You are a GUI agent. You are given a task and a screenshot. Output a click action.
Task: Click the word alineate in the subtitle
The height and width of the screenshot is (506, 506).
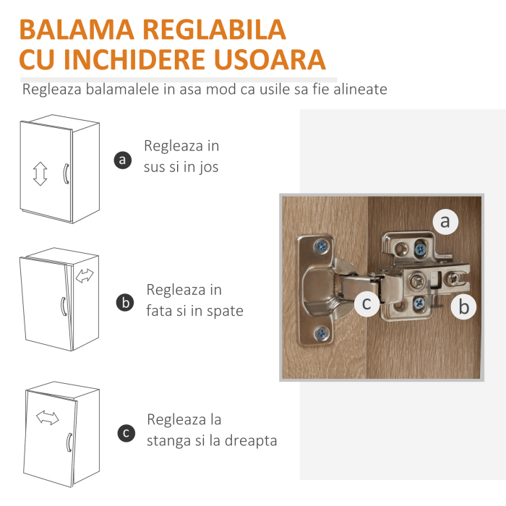click(359, 90)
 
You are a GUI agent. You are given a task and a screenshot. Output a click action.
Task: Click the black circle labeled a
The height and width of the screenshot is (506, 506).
click(124, 160)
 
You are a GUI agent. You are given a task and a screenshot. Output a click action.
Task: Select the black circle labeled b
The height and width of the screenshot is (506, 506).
click(125, 303)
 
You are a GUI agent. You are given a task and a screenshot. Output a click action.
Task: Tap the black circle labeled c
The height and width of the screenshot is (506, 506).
click(125, 433)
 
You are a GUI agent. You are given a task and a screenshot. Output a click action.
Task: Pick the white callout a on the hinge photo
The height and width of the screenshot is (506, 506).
click(445, 222)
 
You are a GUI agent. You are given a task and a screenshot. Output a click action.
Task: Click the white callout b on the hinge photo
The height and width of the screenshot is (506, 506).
click(464, 307)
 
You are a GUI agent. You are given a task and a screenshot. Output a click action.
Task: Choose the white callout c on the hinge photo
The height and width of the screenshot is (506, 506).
click(367, 304)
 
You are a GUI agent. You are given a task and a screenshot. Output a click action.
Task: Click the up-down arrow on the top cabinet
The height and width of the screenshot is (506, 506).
click(40, 173)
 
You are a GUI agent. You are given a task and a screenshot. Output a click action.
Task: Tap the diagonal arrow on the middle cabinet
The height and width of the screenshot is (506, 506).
click(85, 275)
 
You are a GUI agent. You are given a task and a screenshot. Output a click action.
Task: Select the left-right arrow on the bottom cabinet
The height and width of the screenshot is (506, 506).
click(48, 418)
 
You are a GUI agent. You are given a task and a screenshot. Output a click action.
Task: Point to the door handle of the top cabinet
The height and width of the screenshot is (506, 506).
click(65, 173)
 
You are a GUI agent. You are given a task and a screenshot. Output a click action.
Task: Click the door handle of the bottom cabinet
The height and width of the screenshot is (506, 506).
click(68, 442)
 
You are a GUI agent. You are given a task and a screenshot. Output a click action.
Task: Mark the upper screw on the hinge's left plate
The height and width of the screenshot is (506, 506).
click(318, 246)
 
